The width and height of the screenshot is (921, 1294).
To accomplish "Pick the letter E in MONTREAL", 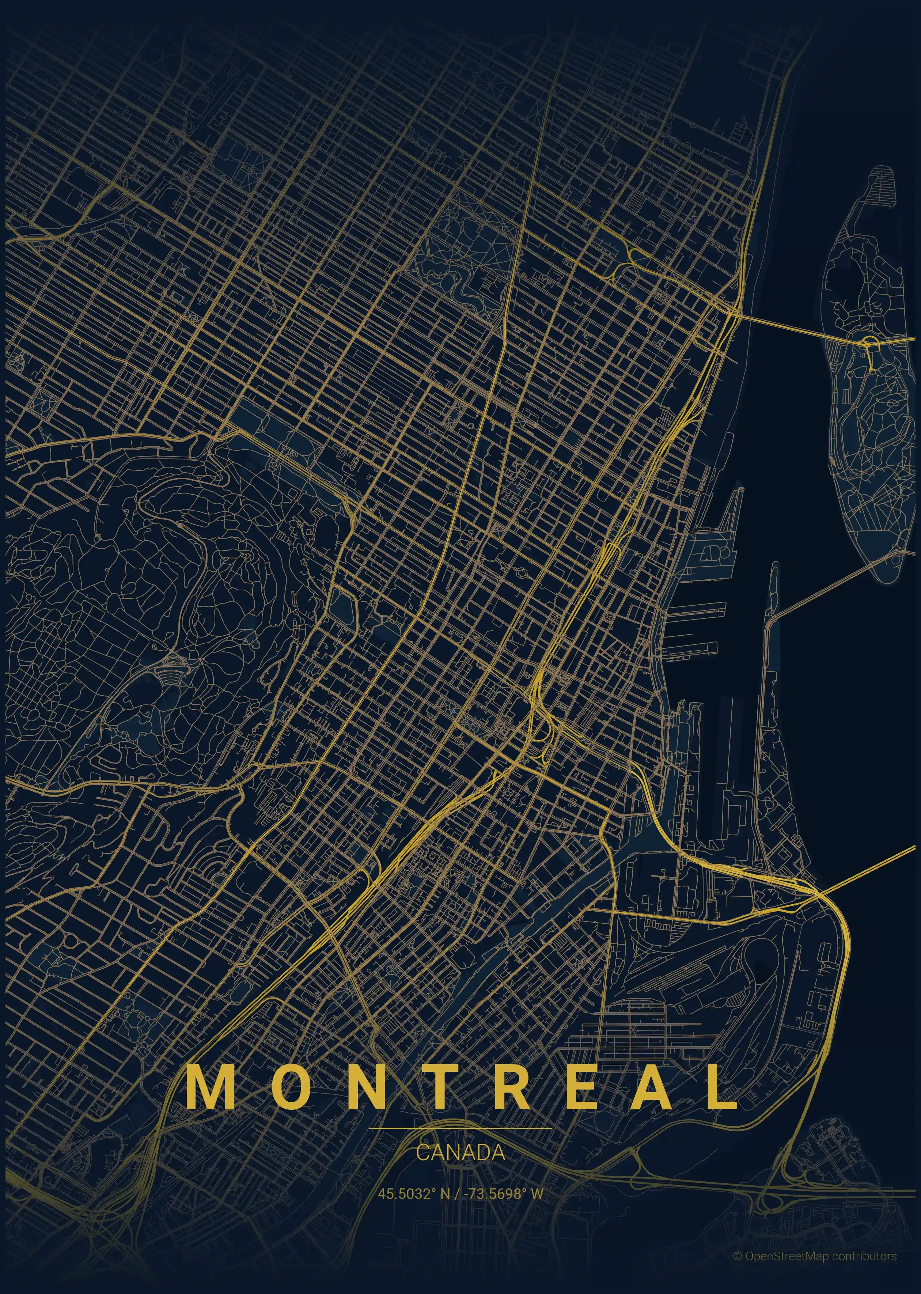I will (584, 1085).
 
